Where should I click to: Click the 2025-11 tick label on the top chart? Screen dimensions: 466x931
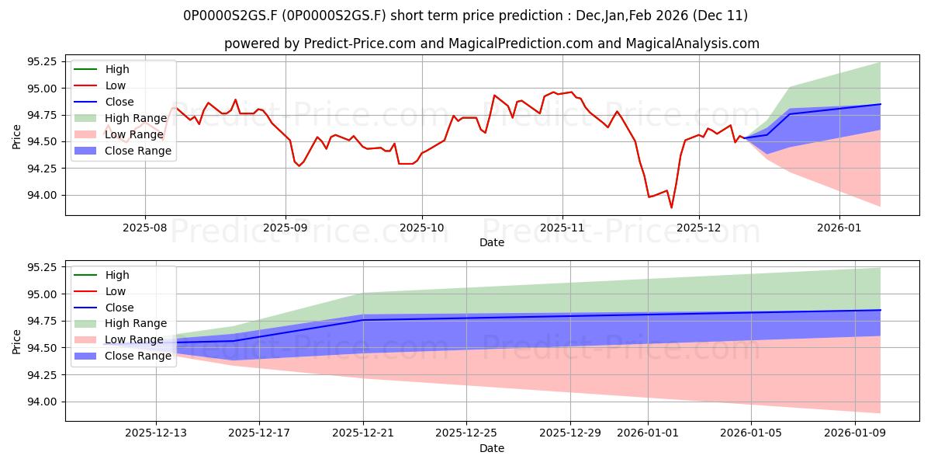tap(562, 229)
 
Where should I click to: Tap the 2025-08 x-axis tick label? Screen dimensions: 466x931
tap(144, 229)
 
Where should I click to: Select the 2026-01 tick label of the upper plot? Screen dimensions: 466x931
tap(839, 229)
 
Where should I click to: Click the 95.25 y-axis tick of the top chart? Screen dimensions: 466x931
tap(41, 61)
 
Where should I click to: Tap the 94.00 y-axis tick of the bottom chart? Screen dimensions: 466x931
tap(41, 402)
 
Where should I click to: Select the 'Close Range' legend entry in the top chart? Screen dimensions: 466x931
tap(138, 151)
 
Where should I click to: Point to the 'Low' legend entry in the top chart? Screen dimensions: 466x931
tap(116, 85)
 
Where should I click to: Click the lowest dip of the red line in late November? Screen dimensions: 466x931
tap(671, 207)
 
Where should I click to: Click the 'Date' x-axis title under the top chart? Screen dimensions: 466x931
tap(492, 242)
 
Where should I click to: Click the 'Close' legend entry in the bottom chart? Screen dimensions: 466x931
tap(119, 307)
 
